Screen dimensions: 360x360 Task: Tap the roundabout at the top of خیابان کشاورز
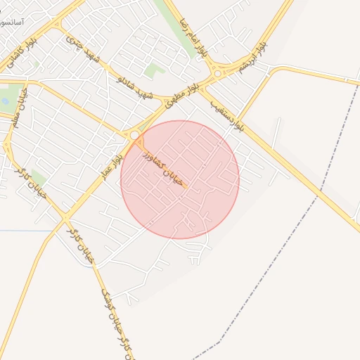(x=134, y=134)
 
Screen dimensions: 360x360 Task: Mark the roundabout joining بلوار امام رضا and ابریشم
(x=219, y=72)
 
